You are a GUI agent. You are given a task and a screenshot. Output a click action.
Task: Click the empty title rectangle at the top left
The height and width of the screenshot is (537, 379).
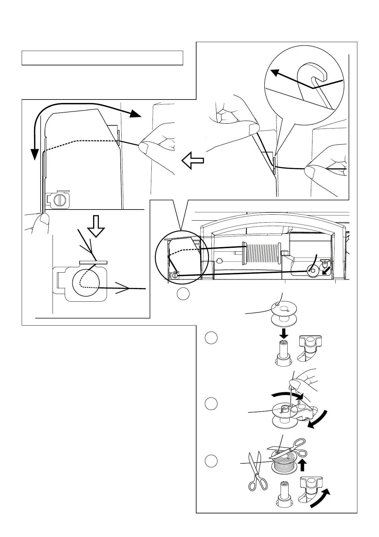click(102, 58)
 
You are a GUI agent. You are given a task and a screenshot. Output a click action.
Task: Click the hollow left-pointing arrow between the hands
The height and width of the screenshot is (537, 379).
click(192, 160)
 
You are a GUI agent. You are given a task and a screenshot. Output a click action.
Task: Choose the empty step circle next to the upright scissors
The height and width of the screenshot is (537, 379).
click(211, 461)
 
